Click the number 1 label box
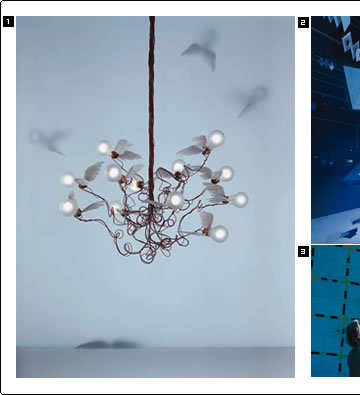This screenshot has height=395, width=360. coord(8,22)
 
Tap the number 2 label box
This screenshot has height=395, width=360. coord(303,22)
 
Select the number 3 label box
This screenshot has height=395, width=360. coord(303,251)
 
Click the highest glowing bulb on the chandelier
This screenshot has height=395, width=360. coord(216,138)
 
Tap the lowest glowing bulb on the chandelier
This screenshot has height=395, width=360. coord(219,234)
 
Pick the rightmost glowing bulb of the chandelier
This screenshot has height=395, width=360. coord(240,200)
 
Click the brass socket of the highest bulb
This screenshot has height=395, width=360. coord(206,151)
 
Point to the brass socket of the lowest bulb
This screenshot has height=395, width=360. coord(206,231)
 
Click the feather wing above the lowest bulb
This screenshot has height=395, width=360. coord(206,219)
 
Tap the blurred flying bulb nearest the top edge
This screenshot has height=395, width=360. coord(202,49)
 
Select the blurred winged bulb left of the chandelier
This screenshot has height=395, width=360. coord(47,141)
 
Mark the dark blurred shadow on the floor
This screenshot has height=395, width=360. coord(107,344)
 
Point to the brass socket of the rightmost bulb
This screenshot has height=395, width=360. coord(227,200)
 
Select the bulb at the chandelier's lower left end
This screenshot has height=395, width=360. coord(68,207)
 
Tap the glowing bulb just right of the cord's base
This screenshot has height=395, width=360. coord(176,200)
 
